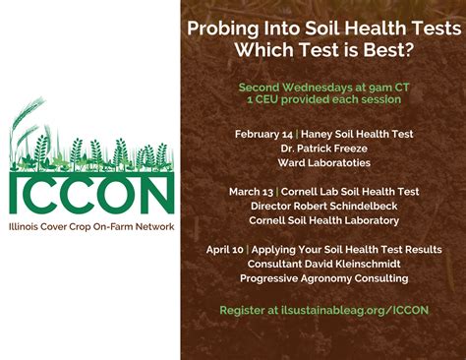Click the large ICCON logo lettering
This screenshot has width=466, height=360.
click(x=91, y=194)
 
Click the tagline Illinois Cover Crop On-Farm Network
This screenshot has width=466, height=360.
click(x=91, y=227)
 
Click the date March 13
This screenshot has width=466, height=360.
click(x=255, y=192)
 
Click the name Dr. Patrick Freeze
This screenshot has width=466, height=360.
click(x=323, y=149)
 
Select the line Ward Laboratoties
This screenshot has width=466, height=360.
click(x=323, y=162)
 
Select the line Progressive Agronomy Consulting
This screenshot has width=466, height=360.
click(x=323, y=278)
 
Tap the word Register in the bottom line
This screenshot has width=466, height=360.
click(x=244, y=310)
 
